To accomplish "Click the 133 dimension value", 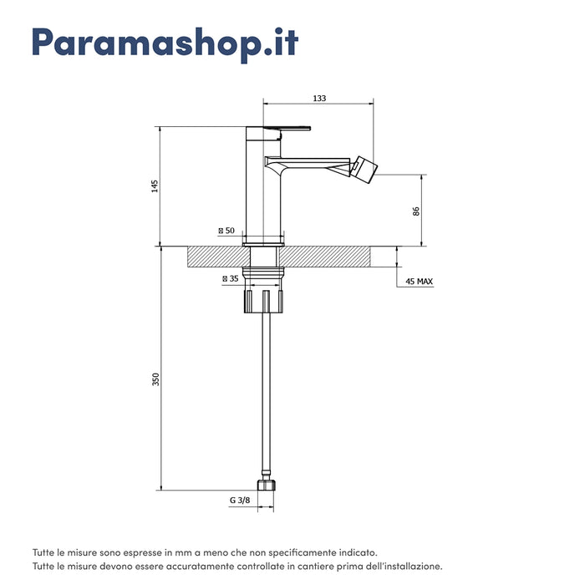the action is click(x=319, y=98).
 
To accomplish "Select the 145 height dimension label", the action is click(x=155, y=186).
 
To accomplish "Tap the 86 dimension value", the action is click(x=416, y=211).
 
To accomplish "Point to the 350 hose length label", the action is click(x=155, y=379).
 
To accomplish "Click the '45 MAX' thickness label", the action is click(x=419, y=282).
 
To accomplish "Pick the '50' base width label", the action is click(x=230, y=231).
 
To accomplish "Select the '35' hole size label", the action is click(x=233, y=278).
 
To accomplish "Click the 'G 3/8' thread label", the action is click(x=240, y=501).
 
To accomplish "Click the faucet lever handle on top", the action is click(x=287, y=129).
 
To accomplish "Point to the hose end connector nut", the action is click(x=266, y=486).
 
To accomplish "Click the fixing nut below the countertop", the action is click(x=264, y=302).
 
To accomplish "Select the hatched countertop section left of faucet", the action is click(x=219, y=257).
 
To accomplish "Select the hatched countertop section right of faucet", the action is click(x=324, y=257).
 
